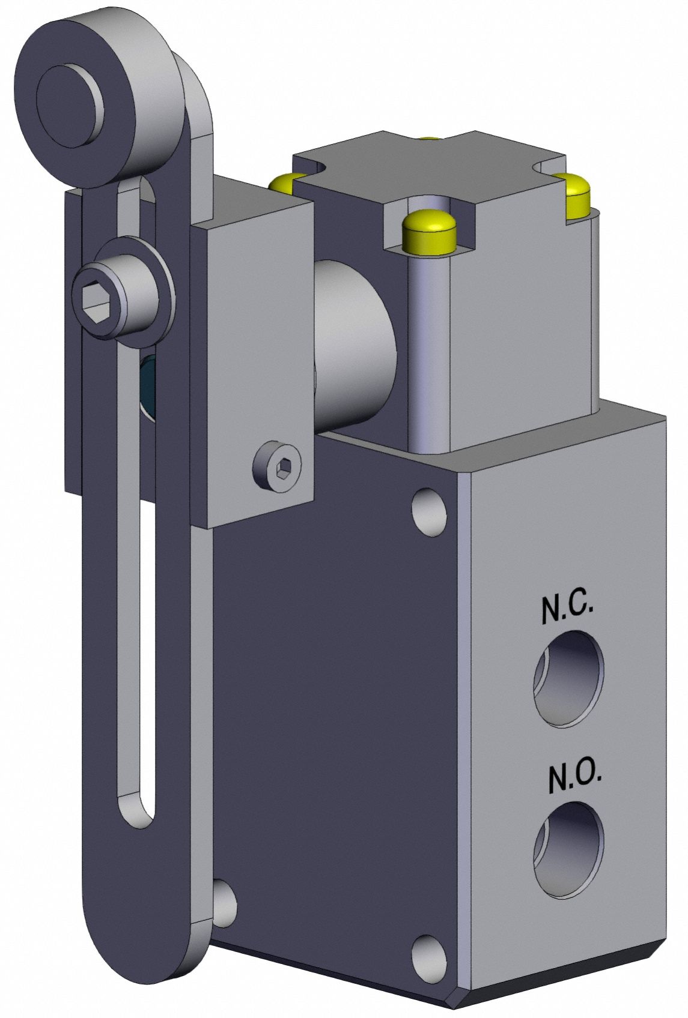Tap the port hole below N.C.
(568, 679)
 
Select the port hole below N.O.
(568, 848)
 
